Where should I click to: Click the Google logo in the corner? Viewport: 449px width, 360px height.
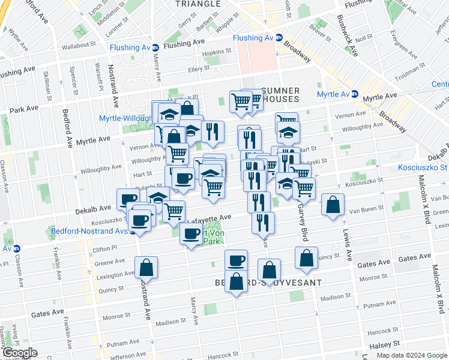click(19, 353)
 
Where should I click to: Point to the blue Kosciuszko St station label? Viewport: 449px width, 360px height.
click(424, 167)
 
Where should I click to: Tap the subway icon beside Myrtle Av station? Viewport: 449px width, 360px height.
click(355, 94)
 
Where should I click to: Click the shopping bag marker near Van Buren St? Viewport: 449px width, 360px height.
click(333, 205)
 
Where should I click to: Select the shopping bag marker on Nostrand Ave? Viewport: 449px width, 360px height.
click(146, 268)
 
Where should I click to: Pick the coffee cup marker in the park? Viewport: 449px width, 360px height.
click(192, 234)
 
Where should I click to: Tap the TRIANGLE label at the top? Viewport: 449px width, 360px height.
click(197, 4)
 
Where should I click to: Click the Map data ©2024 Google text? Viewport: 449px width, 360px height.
click(412, 355)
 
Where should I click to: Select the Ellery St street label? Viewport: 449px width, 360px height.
click(199, 68)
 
